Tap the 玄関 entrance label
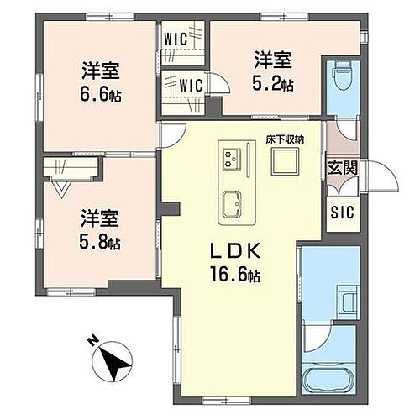point(342,167)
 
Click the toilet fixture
point(343,78)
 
